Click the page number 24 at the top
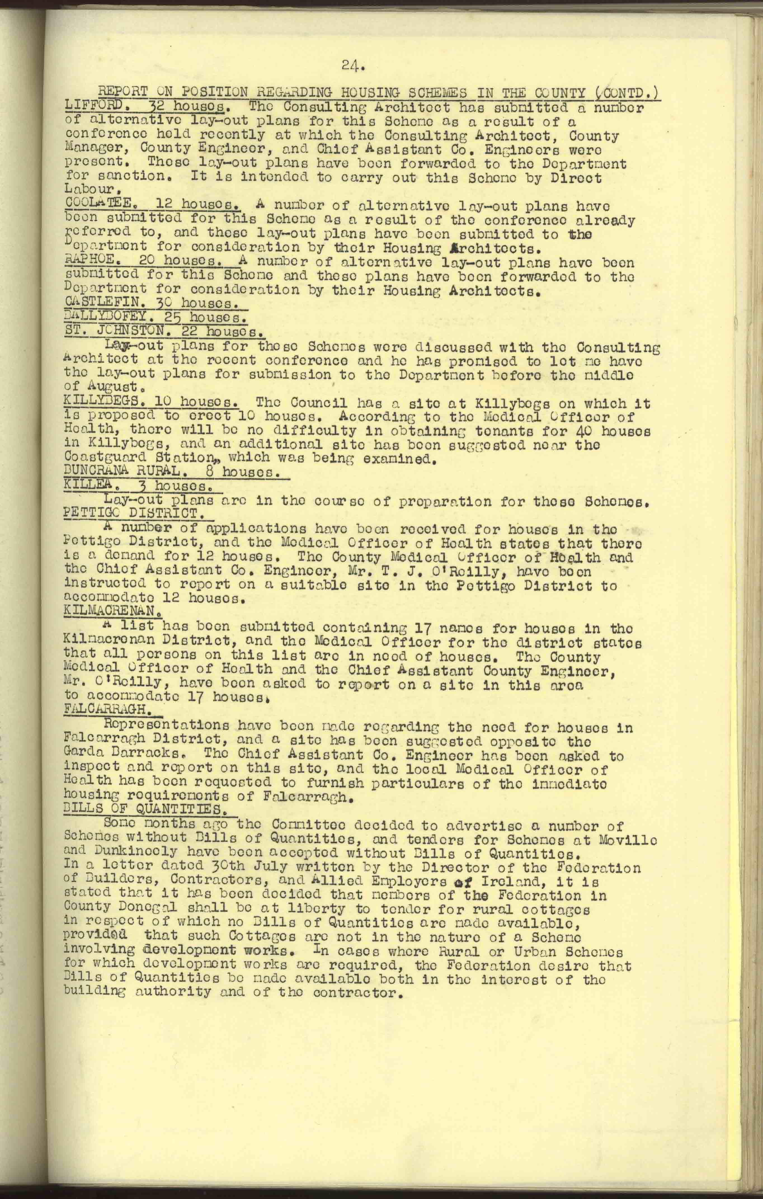(x=354, y=65)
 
